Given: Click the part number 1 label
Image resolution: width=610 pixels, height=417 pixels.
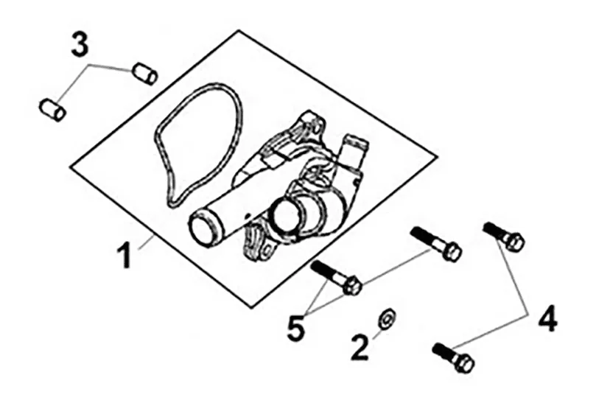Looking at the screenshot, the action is click(x=125, y=255).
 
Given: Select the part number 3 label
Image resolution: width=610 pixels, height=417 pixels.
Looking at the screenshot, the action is click(x=79, y=45).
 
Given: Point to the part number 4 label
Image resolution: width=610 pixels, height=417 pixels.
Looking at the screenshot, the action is click(x=547, y=319).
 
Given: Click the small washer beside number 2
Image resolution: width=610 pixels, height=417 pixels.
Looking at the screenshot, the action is click(x=385, y=319).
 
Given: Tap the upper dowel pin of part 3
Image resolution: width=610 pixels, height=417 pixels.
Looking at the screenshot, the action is click(x=145, y=73).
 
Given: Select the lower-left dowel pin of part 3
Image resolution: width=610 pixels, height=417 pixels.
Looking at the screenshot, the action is click(x=52, y=109).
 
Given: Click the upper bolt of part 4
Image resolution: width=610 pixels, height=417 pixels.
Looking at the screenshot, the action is click(x=505, y=235).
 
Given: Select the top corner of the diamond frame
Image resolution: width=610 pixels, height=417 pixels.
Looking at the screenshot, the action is click(x=239, y=31).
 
